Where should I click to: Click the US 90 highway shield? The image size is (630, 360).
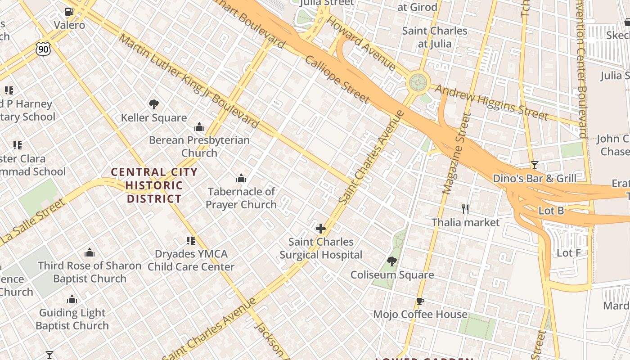(x=43, y=49)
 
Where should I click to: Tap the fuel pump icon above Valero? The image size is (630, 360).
(x=69, y=12)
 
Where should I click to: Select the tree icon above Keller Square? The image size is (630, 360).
(x=154, y=105)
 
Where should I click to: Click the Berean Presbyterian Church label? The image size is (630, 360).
(x=199, y=146)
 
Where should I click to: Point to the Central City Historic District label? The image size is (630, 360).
(x=154, y=185)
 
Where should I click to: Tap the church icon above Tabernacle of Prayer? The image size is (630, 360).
(x=241, y=179)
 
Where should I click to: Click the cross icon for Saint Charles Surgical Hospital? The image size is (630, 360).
(x=321, y=229)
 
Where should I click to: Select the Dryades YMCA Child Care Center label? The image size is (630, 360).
(x=191, y=260)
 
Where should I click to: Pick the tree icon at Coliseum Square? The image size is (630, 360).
(x=392, y=261)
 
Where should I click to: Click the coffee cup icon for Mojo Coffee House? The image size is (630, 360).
(x=420, y=301)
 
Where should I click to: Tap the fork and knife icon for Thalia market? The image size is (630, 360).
(x=465, y=209)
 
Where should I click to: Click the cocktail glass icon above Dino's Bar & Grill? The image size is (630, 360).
(x=534, y=165)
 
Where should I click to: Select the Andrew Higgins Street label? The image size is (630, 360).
(x=491, y=103)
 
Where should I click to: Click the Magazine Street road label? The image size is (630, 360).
(x=456, y=153)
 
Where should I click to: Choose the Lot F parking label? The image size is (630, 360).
(x=568, y=253)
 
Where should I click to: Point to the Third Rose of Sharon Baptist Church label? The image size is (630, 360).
(x=90, y=272)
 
